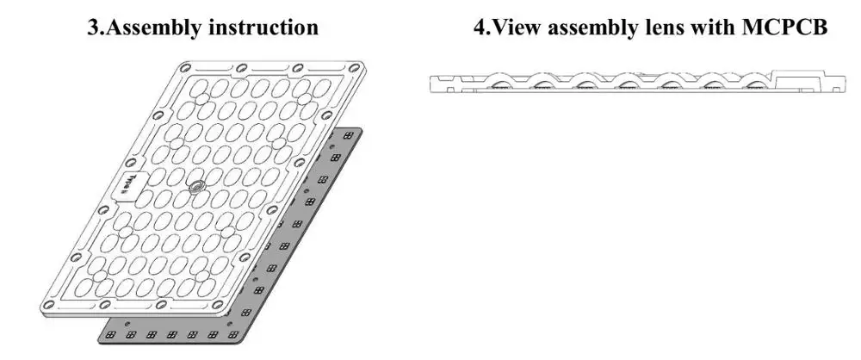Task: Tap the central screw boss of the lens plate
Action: click(197, 186)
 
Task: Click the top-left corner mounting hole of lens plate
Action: click(184, 66)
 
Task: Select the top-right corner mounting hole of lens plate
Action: click(356, 66)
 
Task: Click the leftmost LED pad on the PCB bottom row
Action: click(111, 334)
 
